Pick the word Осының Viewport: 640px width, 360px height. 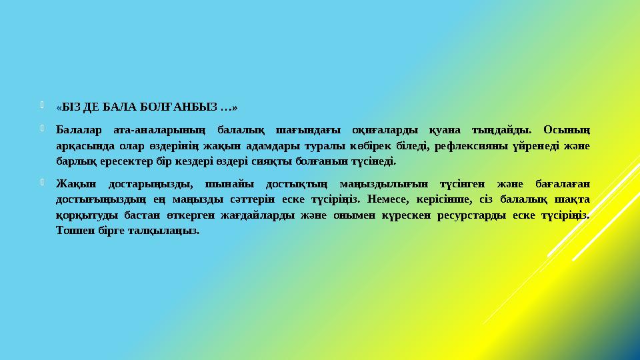click(566, 129)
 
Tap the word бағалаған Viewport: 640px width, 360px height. click(561, 183)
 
